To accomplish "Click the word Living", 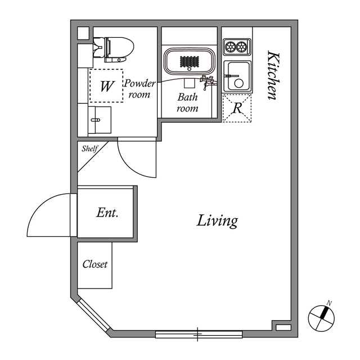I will (x=217, y=221).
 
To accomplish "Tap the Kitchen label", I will (x=273, y=75).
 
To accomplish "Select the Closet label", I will (x=95, y=264).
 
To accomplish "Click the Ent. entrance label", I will (x=106, y=213).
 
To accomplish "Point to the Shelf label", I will (x=90, y=149).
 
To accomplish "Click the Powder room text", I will (x=139, y=89).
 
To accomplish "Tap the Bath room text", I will (x=188, y=102).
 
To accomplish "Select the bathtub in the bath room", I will (x=190, y=60).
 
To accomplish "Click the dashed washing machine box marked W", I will (x=106, y=85).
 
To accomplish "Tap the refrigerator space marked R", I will (x=237, y=108).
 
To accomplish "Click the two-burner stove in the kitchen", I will (x=237, y=47).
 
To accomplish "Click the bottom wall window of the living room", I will (x=198, y=335).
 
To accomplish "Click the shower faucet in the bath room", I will (x=207, y=82).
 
